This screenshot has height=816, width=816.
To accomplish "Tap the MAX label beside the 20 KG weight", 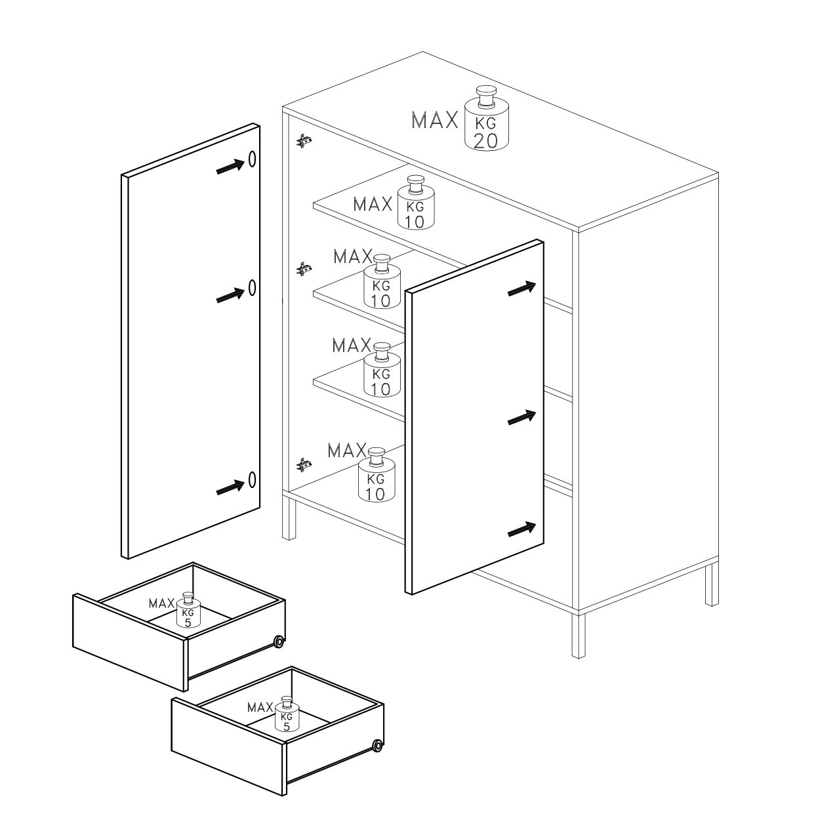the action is tap(435, 120).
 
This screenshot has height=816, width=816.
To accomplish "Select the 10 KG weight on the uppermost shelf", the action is tap(416, 203).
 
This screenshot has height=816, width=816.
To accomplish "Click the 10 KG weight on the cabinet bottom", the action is tap(377, 476).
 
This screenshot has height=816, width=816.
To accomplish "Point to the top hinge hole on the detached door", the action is tap(252, 159).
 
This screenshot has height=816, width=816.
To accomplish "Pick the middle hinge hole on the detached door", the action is tap(252, 288).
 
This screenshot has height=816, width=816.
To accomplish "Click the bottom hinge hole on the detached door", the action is tap(252, 479).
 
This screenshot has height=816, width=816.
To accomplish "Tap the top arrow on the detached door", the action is tap(230, 167).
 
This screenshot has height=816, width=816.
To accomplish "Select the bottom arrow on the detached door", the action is tap(230, 487).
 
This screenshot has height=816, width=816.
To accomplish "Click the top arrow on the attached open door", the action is tap(521, 289).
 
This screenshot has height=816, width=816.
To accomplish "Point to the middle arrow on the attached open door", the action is tap(521, 417).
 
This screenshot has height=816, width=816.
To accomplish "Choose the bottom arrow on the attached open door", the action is tap(521, 529).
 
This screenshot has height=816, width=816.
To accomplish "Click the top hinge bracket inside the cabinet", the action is tap(304, 141).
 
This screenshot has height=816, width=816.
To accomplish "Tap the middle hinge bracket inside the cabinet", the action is tap(304, 269).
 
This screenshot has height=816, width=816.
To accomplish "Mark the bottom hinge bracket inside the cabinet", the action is tap(304, 464).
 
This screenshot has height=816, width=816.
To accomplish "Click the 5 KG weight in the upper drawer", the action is tap(188, 610).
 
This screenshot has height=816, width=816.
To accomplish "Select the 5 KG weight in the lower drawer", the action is tap(287, 714).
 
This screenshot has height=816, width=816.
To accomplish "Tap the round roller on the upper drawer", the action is tap(279, 642).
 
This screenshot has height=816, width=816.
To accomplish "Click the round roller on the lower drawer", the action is tap(377, 746).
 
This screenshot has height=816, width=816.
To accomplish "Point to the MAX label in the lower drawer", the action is tap(260, 707).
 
